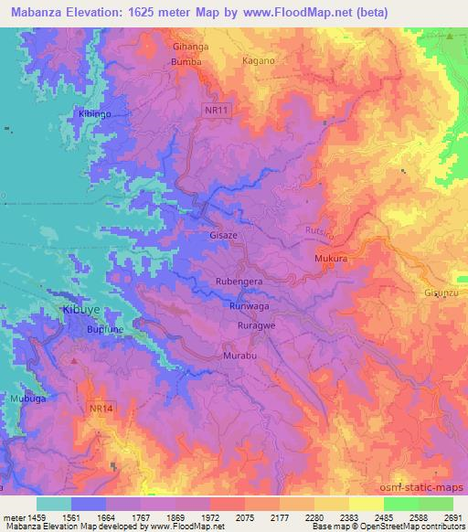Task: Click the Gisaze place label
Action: click(x=226, y=234)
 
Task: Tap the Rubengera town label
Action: click(x=240, y=282)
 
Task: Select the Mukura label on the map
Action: click(x=332, y=260)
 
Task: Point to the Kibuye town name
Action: click(x=81, y=311)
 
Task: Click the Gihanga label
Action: click(x=190, y=45)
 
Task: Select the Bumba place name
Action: click(x=186, y=62)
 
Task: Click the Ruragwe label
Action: click(x=257, y=325)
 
